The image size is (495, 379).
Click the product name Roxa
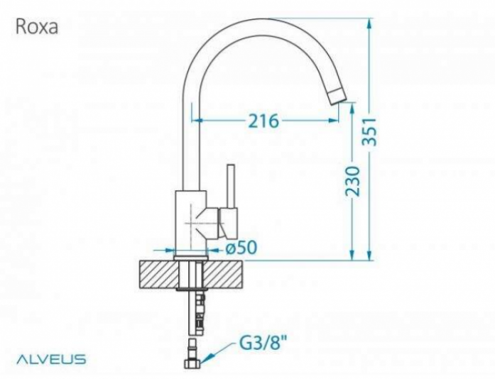tap(37, 26)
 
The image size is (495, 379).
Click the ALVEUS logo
tap(51, 359)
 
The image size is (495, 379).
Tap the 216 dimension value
tap(264, 121)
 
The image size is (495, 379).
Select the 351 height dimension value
tap(369, 132)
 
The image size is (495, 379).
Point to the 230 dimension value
tap(352, 182)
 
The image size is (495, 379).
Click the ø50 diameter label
tap(241, 248)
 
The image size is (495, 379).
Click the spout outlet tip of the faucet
tap(337, 97)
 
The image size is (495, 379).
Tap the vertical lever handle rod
tap(231, 186)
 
